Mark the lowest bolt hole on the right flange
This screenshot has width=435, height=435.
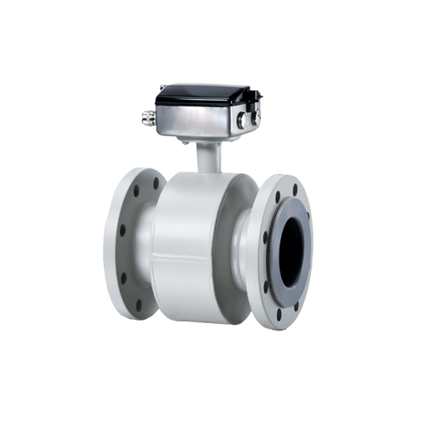280,315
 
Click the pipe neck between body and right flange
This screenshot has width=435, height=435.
244,242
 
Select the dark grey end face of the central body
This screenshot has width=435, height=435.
230,242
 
